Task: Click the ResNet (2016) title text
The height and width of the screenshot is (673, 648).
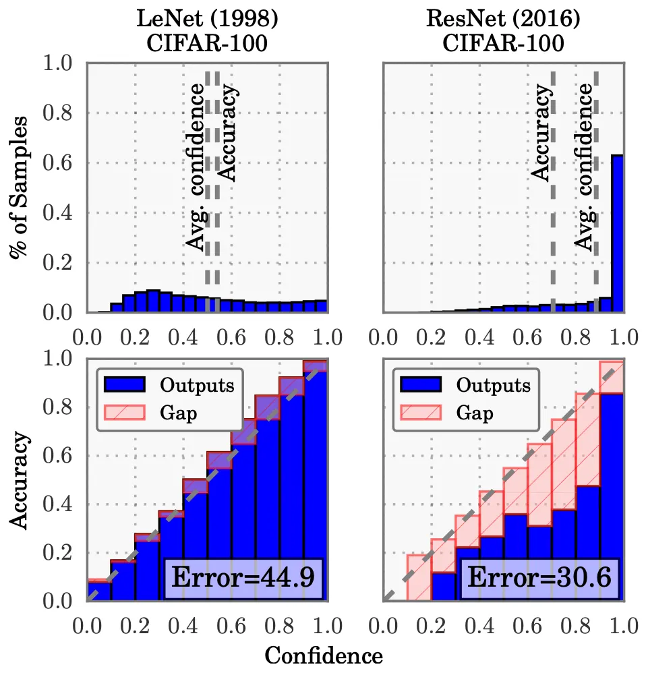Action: pos(503,18)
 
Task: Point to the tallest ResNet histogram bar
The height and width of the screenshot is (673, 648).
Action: pos(617,233)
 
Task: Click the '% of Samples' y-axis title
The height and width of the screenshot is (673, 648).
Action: pos(18,187)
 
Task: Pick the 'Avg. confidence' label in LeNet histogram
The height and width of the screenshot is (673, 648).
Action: pos(197,168)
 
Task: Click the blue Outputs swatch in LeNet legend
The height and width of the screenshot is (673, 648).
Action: pos(125,385)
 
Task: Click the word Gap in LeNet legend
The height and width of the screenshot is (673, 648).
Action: pos(179,413)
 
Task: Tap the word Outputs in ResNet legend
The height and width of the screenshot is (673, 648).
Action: pos(493,385)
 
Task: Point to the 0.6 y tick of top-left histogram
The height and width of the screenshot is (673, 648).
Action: pos(57,163)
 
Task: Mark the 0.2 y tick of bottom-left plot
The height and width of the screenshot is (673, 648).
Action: pos(57,553)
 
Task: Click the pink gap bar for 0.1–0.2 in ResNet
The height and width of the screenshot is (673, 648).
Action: pos(419,577)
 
